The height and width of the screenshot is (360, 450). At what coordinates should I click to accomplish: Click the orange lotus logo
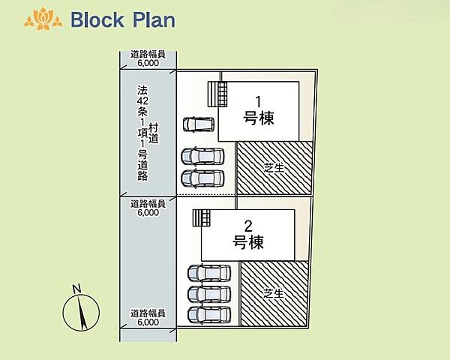pyautogui.click(x=43, y=19)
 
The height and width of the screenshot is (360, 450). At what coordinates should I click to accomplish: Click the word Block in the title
pyautogui.click(x=97, y=19)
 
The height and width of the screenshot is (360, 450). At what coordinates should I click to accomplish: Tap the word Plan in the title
pyautogui.click(x=154, y=19)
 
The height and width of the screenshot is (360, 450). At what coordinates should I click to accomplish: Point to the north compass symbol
pyautogui.click(x=81, y=312)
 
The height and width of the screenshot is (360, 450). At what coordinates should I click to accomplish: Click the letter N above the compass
pyautogui.click(x=76, y=288)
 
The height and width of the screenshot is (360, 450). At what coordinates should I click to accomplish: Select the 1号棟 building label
pyautogui.click(x=258, y=110)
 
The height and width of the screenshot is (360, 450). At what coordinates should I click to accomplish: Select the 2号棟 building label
pyautogui.click(x=248, y=235)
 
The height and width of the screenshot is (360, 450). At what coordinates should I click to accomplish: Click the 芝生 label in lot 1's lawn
pyautogui.click(x=274, y=168)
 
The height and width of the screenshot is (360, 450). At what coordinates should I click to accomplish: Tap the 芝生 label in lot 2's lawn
pyautogui.click(x=274, y=293)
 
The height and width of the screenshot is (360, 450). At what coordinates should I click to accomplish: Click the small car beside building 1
pyautogui.click(x=199, y=124)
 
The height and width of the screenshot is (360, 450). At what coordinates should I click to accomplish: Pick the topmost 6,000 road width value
pyautogui.click(x=148, y=63)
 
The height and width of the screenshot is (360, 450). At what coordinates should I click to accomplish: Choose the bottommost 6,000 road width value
pyautogui.click(x=148, y=322)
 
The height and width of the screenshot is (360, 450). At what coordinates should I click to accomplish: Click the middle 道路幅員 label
pyautogui.click(x=148, y=204)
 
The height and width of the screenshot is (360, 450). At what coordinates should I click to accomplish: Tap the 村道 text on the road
pyautogui.click(x=154, y=133)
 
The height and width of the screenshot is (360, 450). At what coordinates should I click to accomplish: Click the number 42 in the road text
pyautogui.click(x=142, y=100)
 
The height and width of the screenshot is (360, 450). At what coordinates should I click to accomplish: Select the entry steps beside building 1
pyautogui.click(x=217, y=94)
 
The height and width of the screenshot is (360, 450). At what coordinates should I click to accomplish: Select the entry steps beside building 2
pyautogui.click(x=202, y=218)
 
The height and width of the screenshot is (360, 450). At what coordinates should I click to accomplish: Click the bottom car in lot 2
pyautogui.click(x=209, y=315)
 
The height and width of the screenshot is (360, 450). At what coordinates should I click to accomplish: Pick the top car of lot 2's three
pyautogui.click(x=209, y=273)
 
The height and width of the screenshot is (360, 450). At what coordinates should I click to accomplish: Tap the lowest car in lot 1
pyautogui.click(x=202, y=178)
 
